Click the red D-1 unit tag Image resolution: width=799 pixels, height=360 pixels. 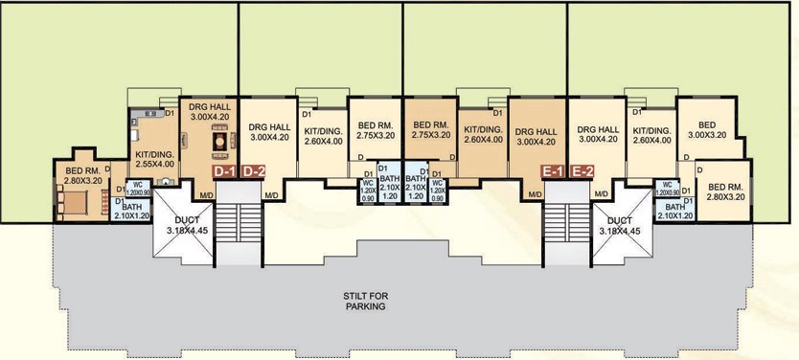[224, 171]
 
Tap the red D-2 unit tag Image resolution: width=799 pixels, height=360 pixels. [253, 171]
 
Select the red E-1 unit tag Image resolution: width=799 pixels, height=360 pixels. [552, 171]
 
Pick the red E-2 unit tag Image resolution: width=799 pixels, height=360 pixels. [581, 171]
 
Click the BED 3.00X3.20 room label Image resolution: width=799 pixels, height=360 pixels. [707, 131]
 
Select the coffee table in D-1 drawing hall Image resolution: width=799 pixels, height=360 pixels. [217, 142]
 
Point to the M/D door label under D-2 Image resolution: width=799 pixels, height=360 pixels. [271, 194]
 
